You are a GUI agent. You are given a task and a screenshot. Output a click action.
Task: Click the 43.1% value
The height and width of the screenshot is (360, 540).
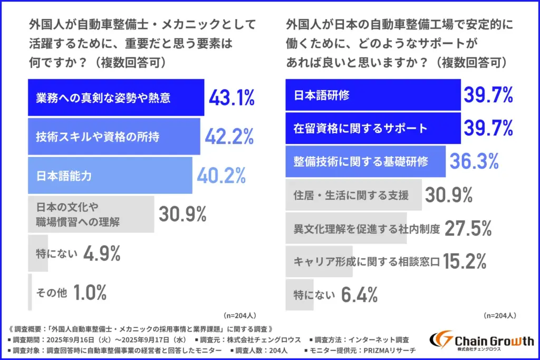(x=232, y=98)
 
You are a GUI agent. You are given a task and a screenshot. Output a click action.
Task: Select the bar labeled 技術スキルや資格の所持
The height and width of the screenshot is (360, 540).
(x=113, y=137)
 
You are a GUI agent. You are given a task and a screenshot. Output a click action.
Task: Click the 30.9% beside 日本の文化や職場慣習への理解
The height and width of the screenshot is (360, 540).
(x=182, y=215)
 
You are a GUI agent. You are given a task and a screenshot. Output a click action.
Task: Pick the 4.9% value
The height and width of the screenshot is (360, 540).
(x=101, y=254)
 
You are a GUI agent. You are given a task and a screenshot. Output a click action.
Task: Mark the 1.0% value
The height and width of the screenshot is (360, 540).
(x=90, y=293)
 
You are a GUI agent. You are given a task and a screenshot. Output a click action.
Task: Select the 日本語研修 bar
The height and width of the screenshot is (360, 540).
(x=373, y=95)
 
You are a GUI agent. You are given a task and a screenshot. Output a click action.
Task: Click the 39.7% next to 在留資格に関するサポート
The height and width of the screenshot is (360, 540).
(x=488, y=128)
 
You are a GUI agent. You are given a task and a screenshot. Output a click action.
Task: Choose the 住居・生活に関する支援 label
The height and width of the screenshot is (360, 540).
(x=351, y=196)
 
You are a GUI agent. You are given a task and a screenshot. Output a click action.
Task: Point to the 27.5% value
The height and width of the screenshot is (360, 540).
(x=469, y=229)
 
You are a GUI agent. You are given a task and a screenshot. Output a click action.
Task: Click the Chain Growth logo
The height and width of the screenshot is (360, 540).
(x=481, y=343)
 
